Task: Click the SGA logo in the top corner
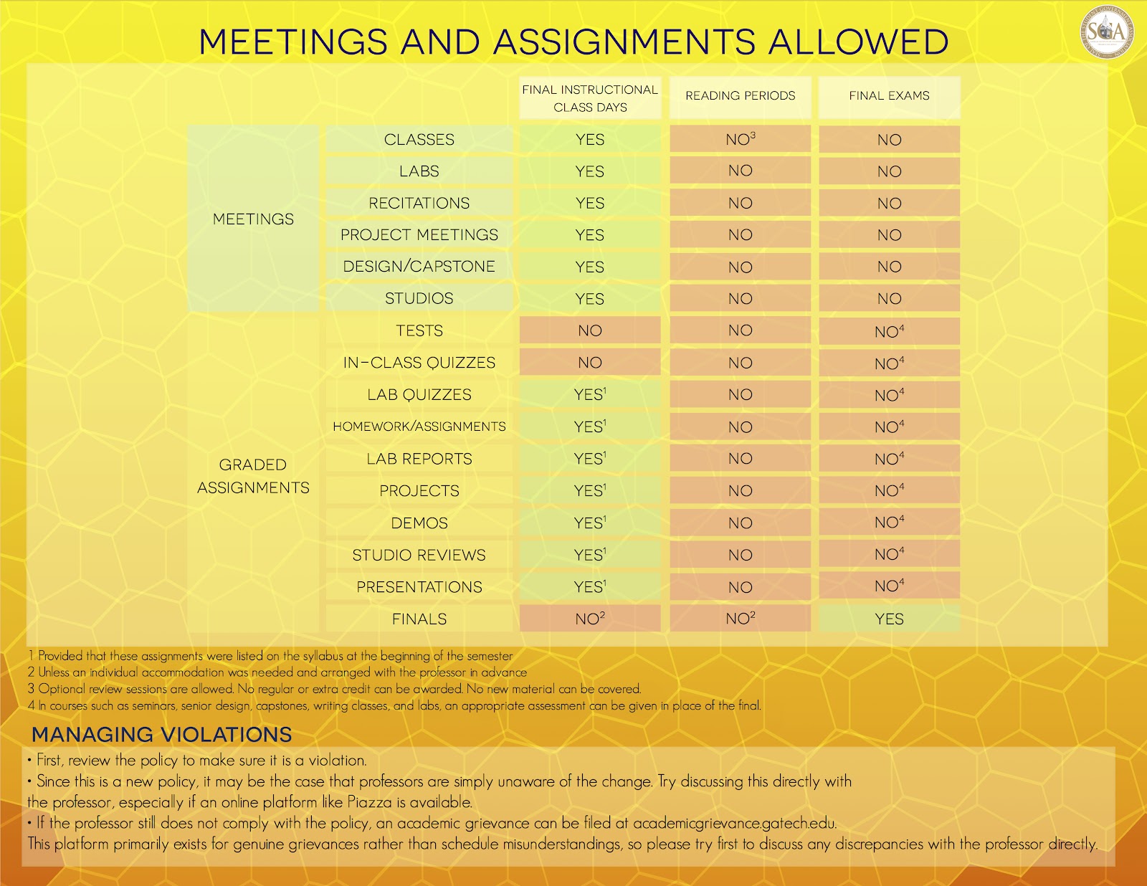[x=1108, y=32]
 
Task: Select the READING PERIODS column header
[x=740, y=96]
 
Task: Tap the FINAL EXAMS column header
[x=889, y=96]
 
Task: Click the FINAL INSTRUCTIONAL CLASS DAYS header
[x=590, y=98]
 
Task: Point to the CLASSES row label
[x=419, y=140]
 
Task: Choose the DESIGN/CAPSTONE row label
[x=419, y=267]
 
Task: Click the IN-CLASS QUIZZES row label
[x=419, y=363]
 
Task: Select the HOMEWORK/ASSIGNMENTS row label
[x=419, y=427]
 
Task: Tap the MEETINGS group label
[x=253, y=219]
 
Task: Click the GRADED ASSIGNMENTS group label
[x=253, y=476]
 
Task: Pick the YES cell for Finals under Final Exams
[x=889, y=619]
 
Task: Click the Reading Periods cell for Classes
[x=740, y=140]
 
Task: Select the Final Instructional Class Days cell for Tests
[x=590, y=330]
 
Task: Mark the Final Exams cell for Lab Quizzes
[x=889, y=395]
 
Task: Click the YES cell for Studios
[x=590, y=299]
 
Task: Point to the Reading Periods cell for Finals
[x=740, y=619]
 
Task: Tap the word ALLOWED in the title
[x=858, y=42]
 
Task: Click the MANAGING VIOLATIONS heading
[x=162, y=735]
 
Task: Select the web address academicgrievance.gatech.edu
[x=734, y=824]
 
